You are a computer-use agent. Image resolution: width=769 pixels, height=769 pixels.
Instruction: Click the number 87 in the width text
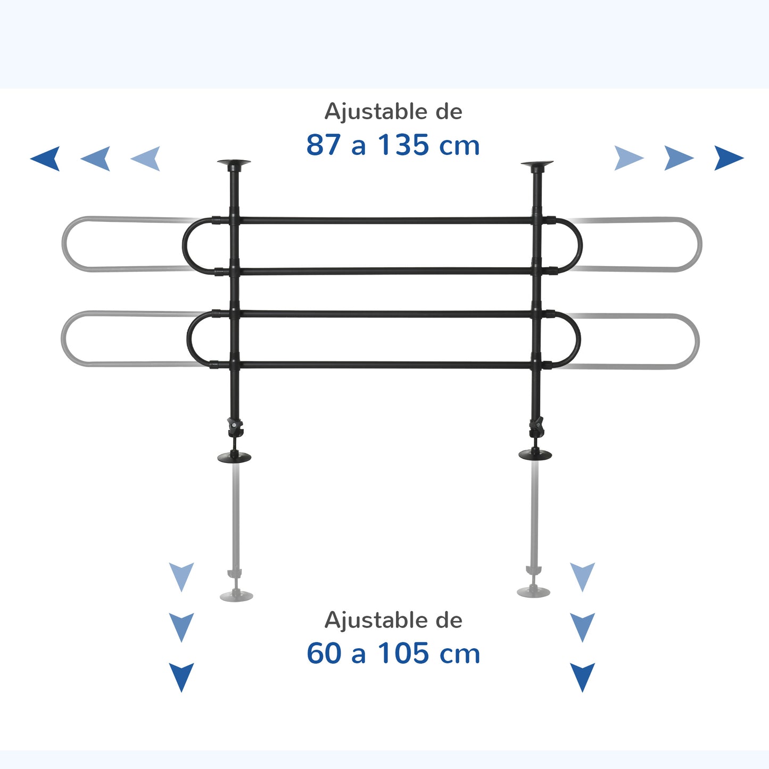(x=324, y=145)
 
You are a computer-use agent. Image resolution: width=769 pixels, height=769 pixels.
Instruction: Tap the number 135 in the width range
(x=403, y=145)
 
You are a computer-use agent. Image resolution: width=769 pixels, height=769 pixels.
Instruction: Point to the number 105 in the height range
(x=403, y=654)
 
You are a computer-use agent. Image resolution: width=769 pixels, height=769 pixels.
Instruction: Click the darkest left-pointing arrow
(x=45, y=159)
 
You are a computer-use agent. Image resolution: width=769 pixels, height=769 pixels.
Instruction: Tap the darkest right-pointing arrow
(x=729, y=158)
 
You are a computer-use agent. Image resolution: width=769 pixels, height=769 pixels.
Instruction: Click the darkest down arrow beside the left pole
(x=181, y=677)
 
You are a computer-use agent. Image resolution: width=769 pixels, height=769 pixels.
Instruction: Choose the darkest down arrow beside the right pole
(x=583, y=677)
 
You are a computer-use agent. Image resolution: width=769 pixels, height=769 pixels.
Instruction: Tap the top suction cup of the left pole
(x=234, y=163)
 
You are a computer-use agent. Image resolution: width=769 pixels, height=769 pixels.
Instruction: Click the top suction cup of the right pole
(x=537, y=163)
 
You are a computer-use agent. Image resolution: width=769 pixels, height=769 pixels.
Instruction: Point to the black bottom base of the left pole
(x=234, y=457)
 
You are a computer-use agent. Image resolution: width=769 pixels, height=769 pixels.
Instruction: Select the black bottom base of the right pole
(x=535, y=454)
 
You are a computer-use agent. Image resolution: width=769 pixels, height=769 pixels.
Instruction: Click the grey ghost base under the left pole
(x=236, y=596)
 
